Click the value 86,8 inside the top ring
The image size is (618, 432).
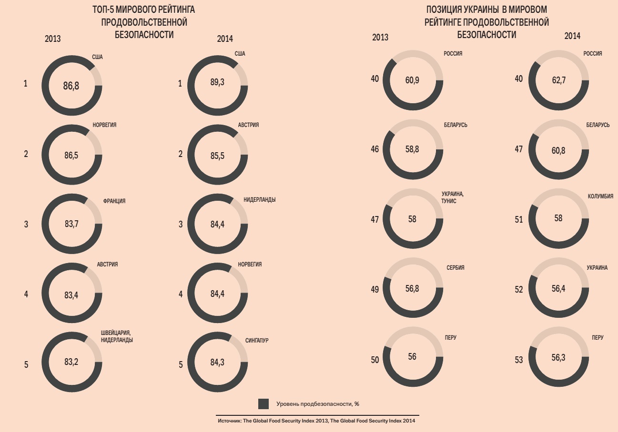point(71,86)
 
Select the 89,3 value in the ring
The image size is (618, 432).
point(217,82)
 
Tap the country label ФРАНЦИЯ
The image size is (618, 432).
point(114,201)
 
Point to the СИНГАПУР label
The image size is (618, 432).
point(257,340)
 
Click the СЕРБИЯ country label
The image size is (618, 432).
point(455,268)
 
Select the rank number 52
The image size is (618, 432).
point(519,289)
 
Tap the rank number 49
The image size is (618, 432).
point(375,289)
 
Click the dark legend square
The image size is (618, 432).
point(263,404)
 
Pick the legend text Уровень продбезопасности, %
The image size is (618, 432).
point(317,404)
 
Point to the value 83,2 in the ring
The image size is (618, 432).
point(71,362)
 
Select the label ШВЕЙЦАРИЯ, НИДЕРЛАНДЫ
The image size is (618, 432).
point(117,336)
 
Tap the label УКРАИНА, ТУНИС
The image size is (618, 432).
point(452,197)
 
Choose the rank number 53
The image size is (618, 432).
point(519,360)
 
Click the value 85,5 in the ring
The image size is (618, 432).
point(217,155)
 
